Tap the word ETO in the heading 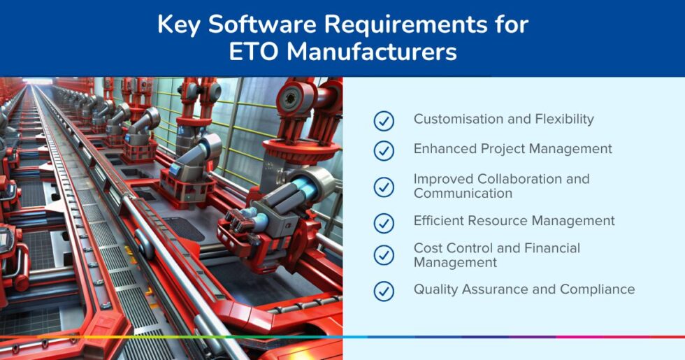pos(258,53)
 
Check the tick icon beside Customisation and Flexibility pos(384,120)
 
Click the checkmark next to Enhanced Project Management pos(384,150)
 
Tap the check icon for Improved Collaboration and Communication pos(384,187)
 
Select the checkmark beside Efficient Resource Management pos(384,223)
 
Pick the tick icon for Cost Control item pos(384,255)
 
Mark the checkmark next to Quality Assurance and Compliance pos(384,291)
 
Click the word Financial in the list pos(547,248)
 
